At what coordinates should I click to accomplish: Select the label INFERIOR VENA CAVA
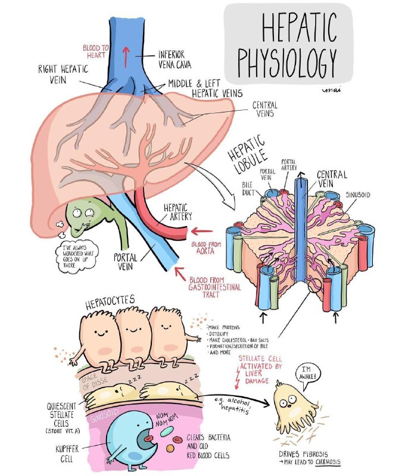tap(174, 59)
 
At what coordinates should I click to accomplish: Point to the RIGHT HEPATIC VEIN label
tap(63, 74)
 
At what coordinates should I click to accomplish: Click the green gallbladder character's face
tap(82, 216)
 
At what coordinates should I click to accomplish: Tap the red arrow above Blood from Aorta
tap(202, 231)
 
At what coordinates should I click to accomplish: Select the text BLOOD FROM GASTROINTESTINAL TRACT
tap(214, 287)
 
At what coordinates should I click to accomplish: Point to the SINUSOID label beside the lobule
tap(358, 195)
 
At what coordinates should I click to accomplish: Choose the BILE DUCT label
tap(248, 188)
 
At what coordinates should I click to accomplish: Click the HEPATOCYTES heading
tap(110, 302)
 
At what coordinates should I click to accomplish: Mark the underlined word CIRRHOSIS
tap(328, 462)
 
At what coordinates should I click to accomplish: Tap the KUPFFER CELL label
tap(67, 453)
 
